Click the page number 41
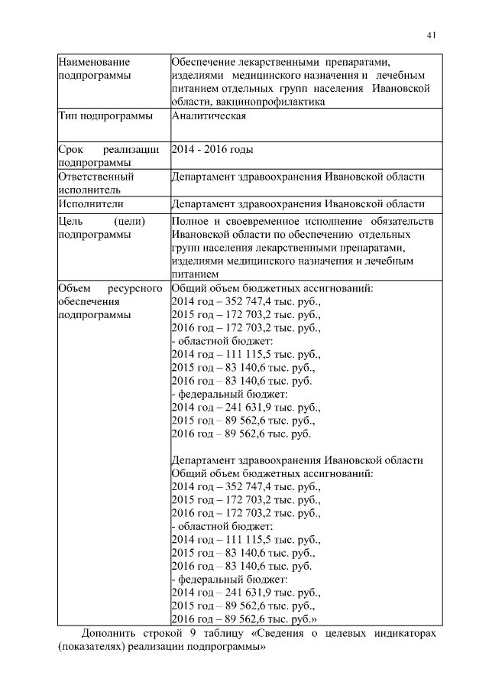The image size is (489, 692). (x=431, y=34)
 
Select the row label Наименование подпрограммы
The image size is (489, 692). (x=94, y=69)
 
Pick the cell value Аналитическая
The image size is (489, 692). (x=208, y=116)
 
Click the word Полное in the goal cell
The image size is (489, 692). (x=191, y=221)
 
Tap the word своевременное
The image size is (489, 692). (x=266, y=221)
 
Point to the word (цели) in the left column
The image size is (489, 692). (x=128, y=221)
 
